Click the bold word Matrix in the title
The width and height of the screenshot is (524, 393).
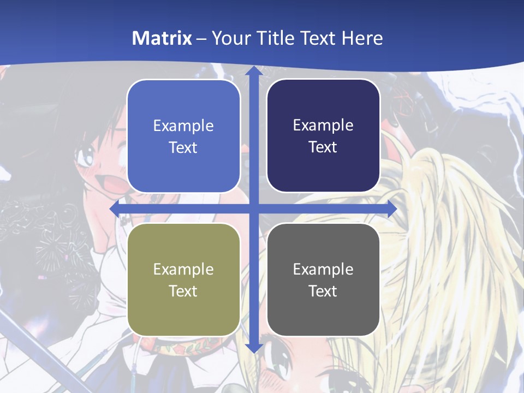click(x=162, y=38)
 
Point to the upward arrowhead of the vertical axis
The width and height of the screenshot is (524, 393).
click(x=253, y=72)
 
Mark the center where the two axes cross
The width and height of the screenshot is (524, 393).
click(x=253, y=209)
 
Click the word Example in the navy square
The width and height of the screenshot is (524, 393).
click(x=323, y=126)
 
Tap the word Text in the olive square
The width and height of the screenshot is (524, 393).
click(x=183, y=291)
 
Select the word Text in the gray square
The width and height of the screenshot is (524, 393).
click(x=323, y=291)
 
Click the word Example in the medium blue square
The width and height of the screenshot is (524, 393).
click(x=183, y=126)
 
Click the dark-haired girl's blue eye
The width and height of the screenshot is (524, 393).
click(x=86, y=158)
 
